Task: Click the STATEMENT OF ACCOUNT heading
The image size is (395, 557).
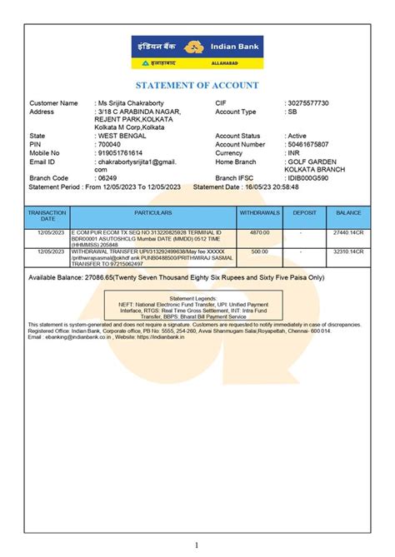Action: pos(197,86)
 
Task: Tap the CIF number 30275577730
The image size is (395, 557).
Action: pos(308,103)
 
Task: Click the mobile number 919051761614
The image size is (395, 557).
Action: pos(121,153)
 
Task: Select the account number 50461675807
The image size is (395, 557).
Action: pos(308,144)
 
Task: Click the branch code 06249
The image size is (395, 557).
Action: pos(108,178)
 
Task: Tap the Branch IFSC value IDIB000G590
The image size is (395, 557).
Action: pos(307,178)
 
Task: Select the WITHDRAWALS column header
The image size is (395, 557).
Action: pos(260,214)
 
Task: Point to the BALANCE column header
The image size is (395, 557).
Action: pos(348,214)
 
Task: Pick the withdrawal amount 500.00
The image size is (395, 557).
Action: pos(260,250)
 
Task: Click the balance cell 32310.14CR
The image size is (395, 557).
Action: pos(348,250)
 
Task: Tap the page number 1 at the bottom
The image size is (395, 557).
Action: pos(197,545)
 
